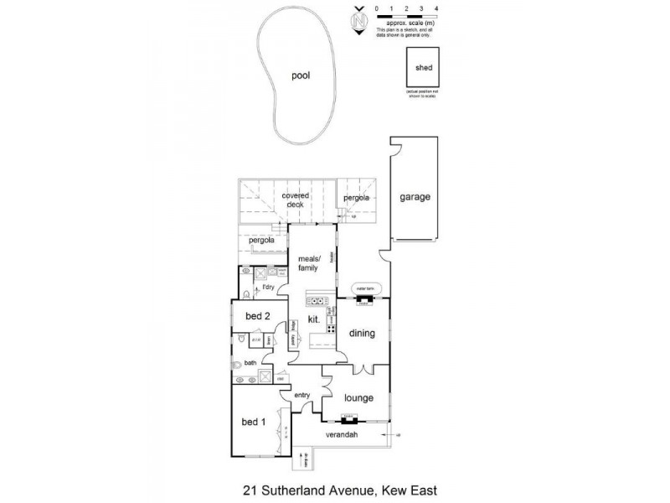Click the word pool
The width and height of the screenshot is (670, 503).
tap(300, 75)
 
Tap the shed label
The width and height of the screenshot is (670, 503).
tap(423, 68)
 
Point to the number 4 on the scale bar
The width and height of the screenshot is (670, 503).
tap(437, 8)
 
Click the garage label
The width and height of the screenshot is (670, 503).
tap(415, 197)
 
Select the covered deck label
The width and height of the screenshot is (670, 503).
tap(295, 200)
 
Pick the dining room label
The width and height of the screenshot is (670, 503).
tap(363, 333)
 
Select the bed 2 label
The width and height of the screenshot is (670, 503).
tap(257, 316)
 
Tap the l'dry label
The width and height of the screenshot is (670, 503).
tap(268, 288)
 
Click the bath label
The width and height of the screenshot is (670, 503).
tap(250, 363)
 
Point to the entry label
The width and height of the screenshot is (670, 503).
tap(302, 395)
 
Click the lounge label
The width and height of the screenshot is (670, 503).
tap(358, 397)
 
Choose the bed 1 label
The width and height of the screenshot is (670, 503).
tap(254, 422)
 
